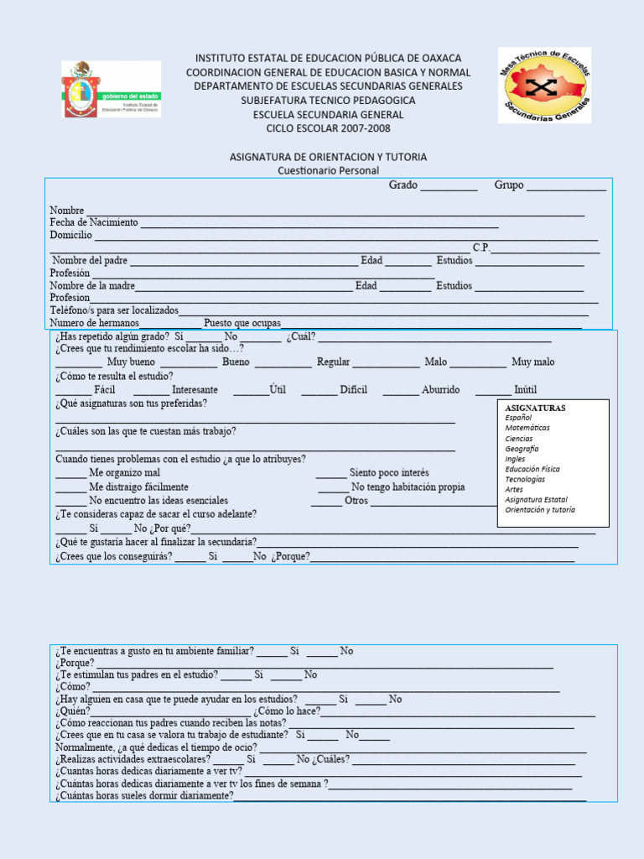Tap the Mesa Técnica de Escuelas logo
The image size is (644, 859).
544,85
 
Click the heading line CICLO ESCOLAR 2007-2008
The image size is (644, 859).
328,128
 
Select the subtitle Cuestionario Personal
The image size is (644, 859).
328,170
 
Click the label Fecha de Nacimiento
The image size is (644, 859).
93,222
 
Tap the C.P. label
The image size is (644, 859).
481,247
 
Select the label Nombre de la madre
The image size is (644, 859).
92,285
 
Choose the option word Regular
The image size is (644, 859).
333,362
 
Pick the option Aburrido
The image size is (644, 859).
440,390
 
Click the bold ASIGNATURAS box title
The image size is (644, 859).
535,408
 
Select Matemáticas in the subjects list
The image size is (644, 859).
527,428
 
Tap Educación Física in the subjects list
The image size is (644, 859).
532,469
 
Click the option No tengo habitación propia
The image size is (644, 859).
408,487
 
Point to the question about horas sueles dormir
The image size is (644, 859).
144,795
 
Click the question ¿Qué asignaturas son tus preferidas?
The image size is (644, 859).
131,403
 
